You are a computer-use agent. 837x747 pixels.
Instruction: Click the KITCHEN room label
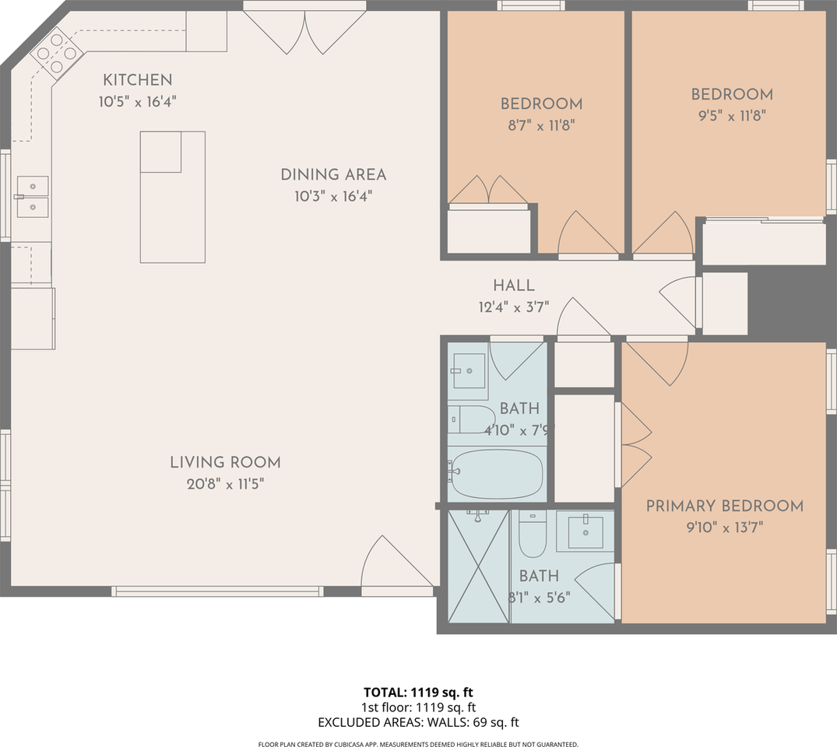pyautogui.click(x=138, y=79)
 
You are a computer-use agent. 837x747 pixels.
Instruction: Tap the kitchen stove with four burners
pyautogui.click(x=57, y=53)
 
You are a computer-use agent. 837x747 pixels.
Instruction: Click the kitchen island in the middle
pyautogui.click(x=173, y=197)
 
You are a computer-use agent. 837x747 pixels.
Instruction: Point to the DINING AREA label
pyautogui.click(x=333, y=175)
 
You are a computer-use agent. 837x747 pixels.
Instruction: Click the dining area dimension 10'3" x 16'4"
pyautogui.click(x=333, y=197)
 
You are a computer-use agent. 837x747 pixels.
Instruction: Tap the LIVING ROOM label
pyautogui.click(x=225, y=463)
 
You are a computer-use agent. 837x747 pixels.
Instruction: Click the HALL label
pyautogui.click(x=513, y=286)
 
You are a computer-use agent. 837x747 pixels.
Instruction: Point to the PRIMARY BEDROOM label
pyautogui.click(x=724, y=507)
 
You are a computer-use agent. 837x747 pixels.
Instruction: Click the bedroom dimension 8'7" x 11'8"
pyautogui.click(x=541, y=124)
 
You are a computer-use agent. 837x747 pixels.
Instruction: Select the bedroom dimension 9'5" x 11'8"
pyautogui.click(x=732, y=116)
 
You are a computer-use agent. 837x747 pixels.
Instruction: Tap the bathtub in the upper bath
pyautogui.click(x=495, y=475)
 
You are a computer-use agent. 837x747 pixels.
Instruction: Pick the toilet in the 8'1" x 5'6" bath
pyautogui.click(x=533, y=535)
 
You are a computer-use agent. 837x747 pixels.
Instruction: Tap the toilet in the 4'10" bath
pyautogui.click(x=469, y=419)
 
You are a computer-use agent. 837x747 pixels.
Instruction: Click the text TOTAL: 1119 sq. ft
pyautogui.click(x=418, y=692)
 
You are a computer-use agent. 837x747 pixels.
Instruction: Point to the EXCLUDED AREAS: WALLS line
pyautogui.click(x=418, y=722)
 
